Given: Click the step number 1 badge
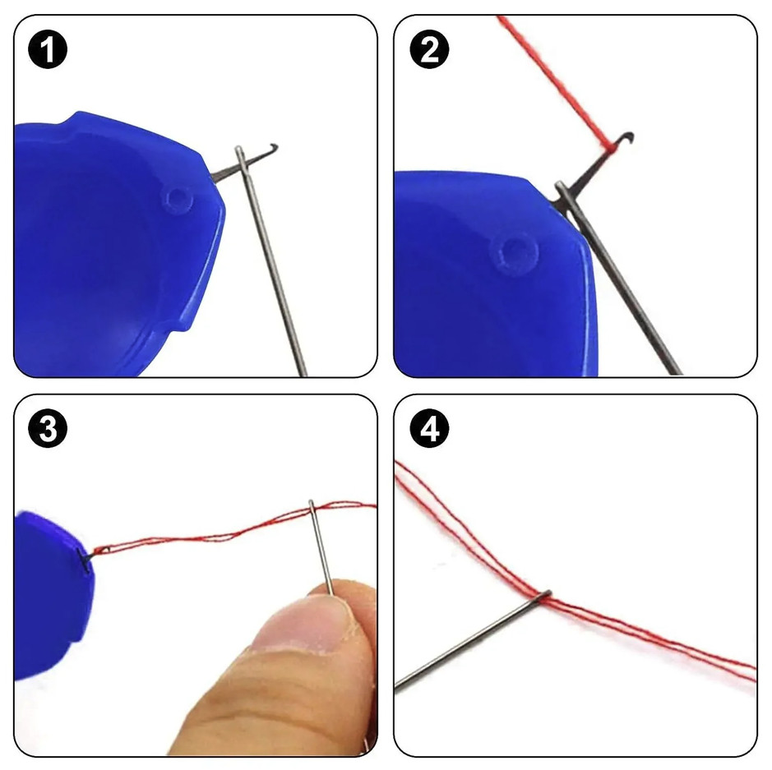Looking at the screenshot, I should click(49, 51).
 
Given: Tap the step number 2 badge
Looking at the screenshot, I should click(429, 51).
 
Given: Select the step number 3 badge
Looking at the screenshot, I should click(49, 431).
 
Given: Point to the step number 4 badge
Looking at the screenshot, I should click(429, 431).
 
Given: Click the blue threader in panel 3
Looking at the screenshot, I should click(49, 592).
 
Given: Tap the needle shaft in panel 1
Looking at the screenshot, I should click(275, 271).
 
